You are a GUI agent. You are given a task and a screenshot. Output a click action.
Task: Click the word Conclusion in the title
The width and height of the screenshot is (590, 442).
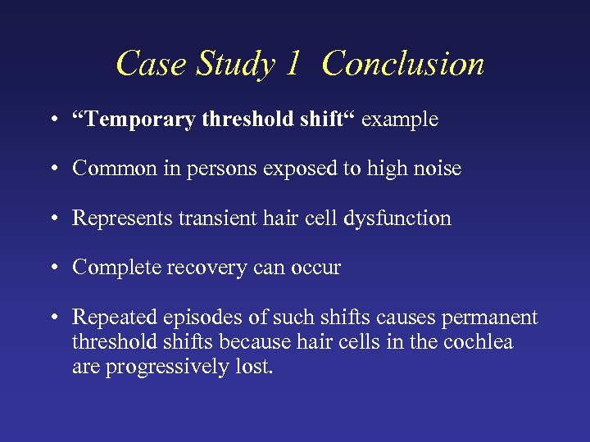click(x=403, y=64)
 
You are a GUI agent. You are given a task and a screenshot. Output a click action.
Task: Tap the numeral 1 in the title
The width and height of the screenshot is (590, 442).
click(x=293, y=64)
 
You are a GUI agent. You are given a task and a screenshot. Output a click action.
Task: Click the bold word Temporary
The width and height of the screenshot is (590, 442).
click(x=138, y=120)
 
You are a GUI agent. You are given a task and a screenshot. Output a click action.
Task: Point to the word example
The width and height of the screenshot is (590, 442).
click(x=400, y=120)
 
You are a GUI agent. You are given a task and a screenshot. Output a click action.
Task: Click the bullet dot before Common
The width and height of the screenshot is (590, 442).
click(x=52, y=169)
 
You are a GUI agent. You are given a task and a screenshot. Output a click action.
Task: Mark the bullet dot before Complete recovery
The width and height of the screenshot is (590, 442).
click(x=52, y=268)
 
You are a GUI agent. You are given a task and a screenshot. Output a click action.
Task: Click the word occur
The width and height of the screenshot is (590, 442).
click(x=315, y=267)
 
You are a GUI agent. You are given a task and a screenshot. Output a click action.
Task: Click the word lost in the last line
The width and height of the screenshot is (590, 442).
click(x=256, y=367)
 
